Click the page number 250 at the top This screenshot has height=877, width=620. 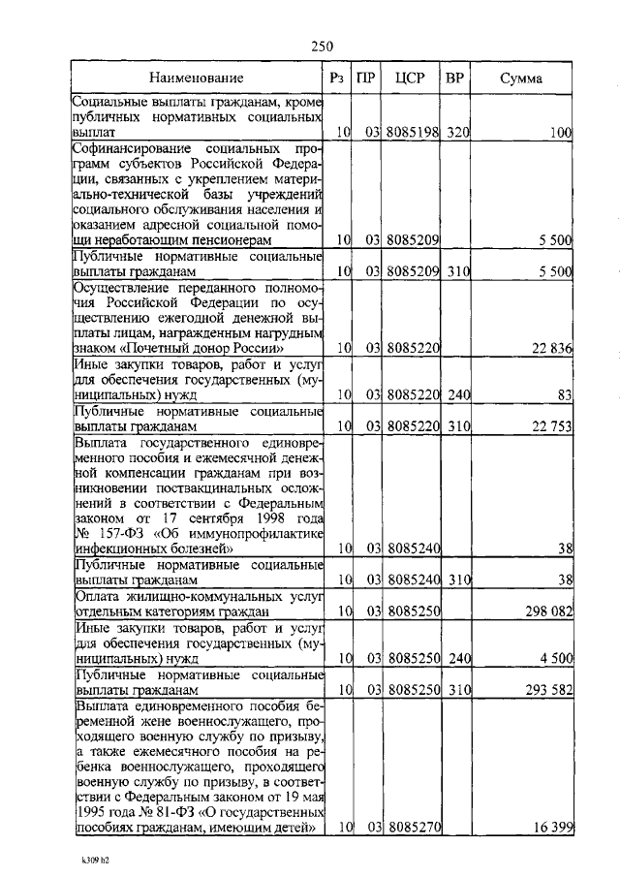(324, 46)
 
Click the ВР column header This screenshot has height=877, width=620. (455, 78)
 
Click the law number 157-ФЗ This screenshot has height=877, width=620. (116, 534)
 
